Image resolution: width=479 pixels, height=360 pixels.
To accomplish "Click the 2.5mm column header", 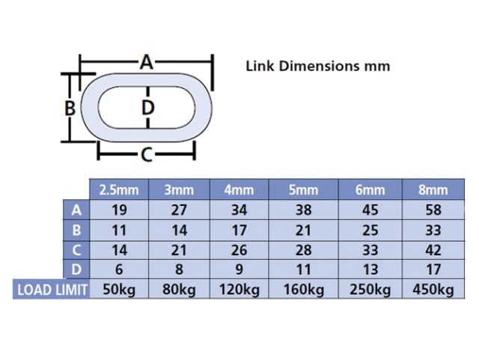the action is tap(119, 190).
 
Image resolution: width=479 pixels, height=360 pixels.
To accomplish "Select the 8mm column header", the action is tap(433, 190).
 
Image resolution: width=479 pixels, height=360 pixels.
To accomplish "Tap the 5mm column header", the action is tap(303, 190).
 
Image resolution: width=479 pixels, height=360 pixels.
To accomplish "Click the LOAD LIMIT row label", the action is tap(52, 290).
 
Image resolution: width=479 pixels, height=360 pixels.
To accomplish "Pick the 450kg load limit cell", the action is tap(433, 289).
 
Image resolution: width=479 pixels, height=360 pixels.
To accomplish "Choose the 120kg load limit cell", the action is tap(239, 289).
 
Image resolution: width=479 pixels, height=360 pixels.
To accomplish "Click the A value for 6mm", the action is tap(370, 210).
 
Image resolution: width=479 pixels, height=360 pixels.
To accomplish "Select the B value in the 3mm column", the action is tap(179, 230).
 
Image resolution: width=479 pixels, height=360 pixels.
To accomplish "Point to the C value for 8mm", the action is tap(433, 250).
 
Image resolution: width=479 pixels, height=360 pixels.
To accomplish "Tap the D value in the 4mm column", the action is tap(239, 269).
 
